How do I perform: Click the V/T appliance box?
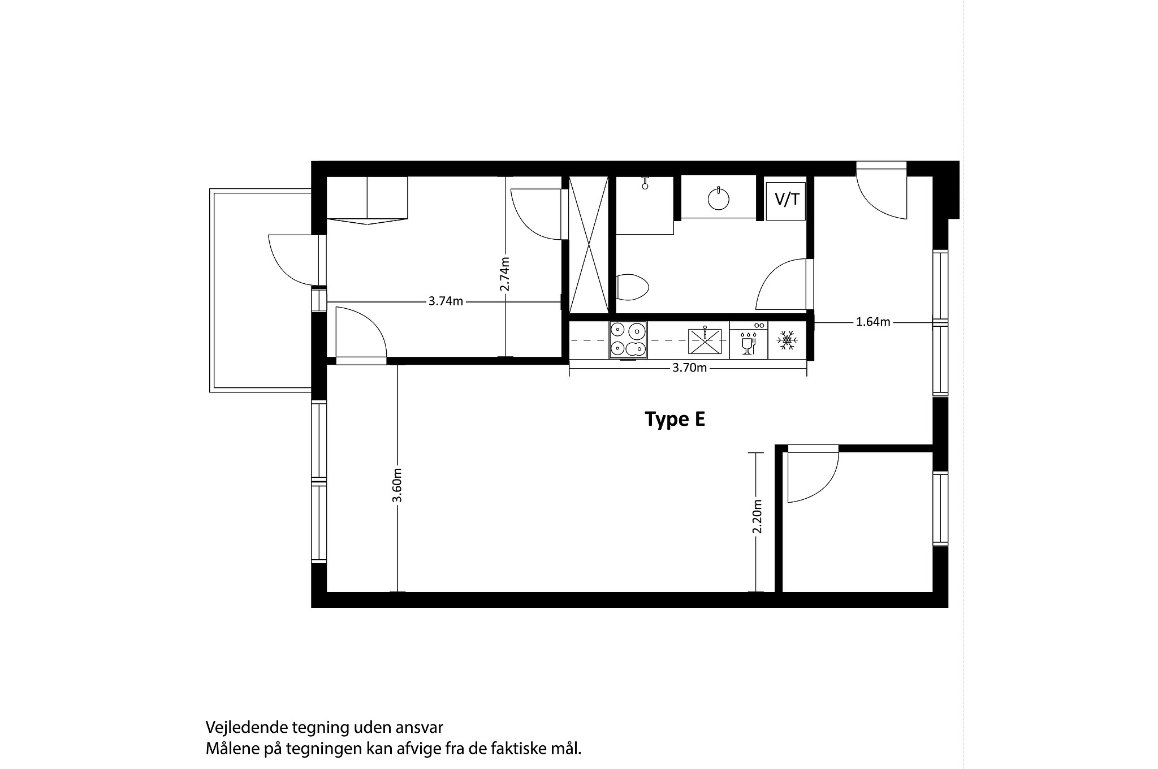coord(786,201)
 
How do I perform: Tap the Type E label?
coord(675,420)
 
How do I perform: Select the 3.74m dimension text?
coord(446,301)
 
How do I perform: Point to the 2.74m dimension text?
coord(505,274)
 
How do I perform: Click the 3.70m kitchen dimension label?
coord(689,368)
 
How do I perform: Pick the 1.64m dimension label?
coord(873,322)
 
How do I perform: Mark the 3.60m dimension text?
coord(397,485)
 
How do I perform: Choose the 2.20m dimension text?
coord(758,516)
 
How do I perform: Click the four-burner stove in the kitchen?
coord(628,340)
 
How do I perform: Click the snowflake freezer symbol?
coord(787,340)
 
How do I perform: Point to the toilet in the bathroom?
coord(632,287)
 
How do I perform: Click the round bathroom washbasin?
coord(718,198)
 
